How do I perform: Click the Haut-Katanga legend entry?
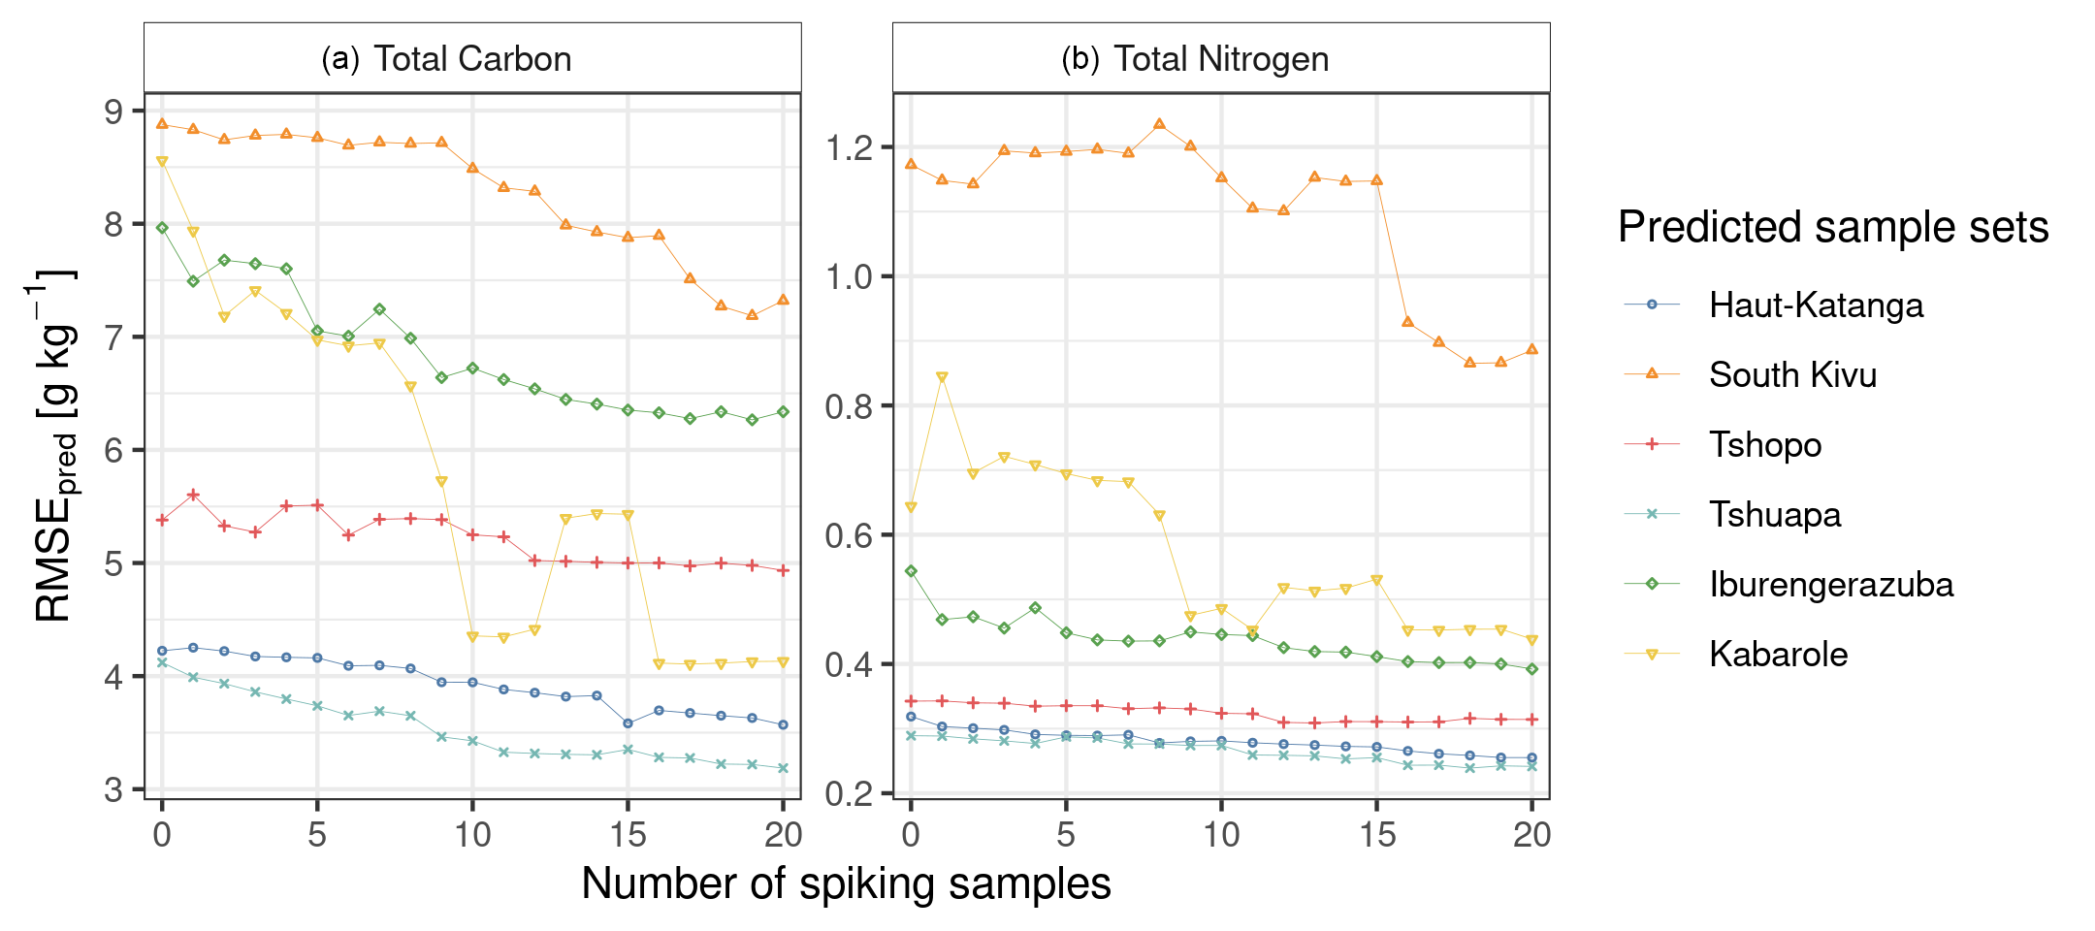coord(1815,305)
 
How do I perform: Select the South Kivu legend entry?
coord(1792,375)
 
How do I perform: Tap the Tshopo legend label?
coord(1764,445)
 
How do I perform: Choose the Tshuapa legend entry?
coord(1774,515)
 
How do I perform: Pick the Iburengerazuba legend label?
coord(1830,585)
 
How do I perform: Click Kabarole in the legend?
coord(1778,655)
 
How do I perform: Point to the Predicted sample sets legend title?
coord(1832,228)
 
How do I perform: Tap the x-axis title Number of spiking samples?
coord(846,883)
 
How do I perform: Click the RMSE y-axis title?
coord(53,446)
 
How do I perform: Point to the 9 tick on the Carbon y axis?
coord(115,112)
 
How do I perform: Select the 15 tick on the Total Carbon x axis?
coord(628,835)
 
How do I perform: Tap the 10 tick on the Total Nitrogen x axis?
coord(1221,835)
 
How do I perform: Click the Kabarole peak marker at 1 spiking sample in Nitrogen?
coord(942,377)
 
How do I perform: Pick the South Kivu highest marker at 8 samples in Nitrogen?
coord(1159,124)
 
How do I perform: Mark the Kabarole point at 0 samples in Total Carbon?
coord(162,162)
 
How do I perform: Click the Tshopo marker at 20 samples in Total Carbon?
coord(784,570)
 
